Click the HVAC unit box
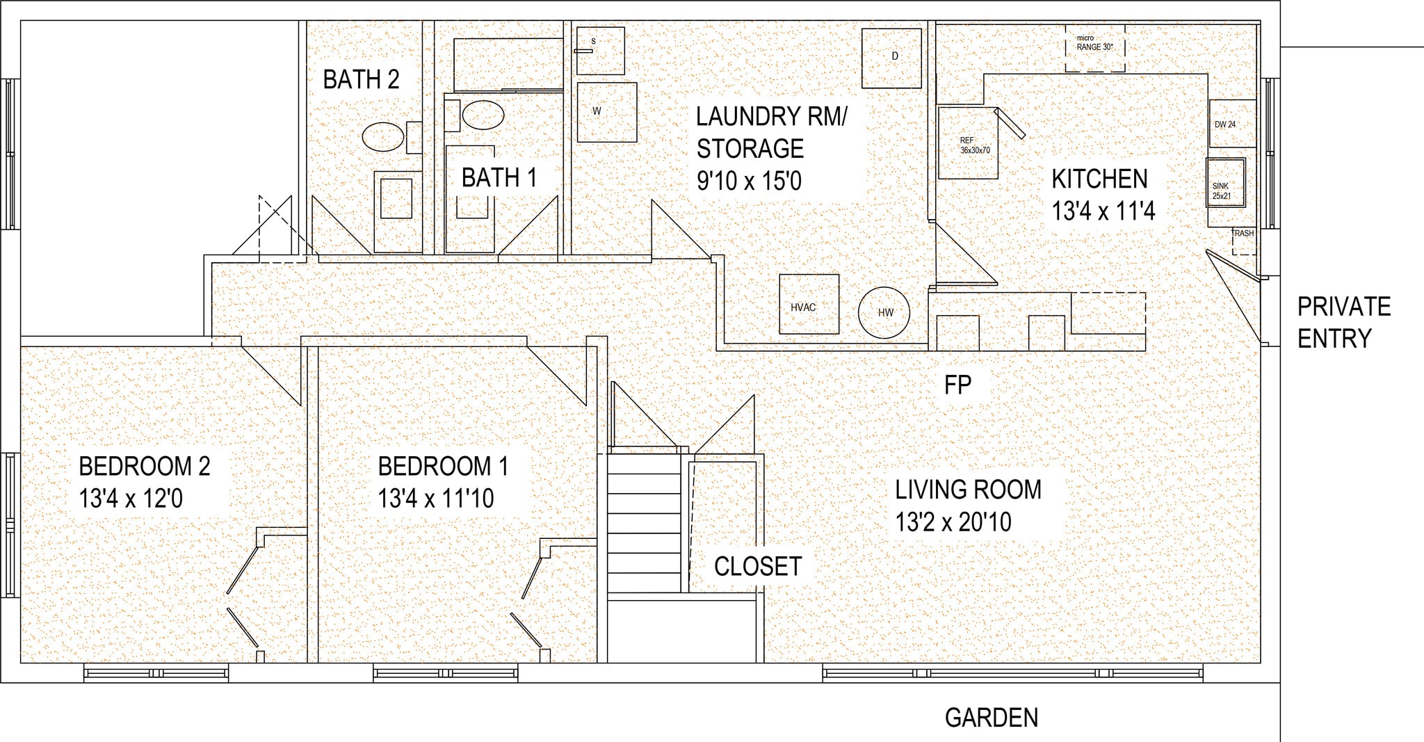pos(809,305)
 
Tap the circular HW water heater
pos(884,312)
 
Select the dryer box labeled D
pos(891,58)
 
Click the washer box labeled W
pos(606,112)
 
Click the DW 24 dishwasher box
pos(1231,124)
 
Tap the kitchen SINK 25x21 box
pos(1225,183)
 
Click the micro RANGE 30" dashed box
pos(1095,48)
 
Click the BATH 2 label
pos(361,80)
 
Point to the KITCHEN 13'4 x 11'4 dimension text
pos(1103,211)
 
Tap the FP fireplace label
pos(957,385)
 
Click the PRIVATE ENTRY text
pos(1343,322)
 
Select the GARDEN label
pos(991,718)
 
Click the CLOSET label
pos(758,567)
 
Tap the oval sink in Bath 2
pos(382,137)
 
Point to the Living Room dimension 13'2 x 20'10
pos(953,522)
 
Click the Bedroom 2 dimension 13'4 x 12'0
pos(131,499)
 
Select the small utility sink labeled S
pos(600,51)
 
